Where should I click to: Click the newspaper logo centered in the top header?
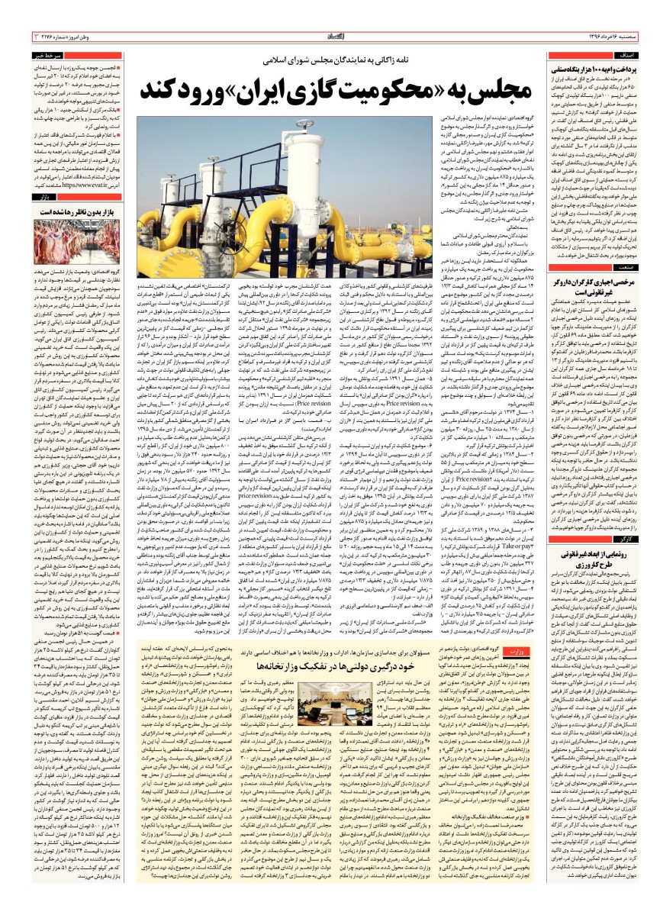[330, 36]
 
